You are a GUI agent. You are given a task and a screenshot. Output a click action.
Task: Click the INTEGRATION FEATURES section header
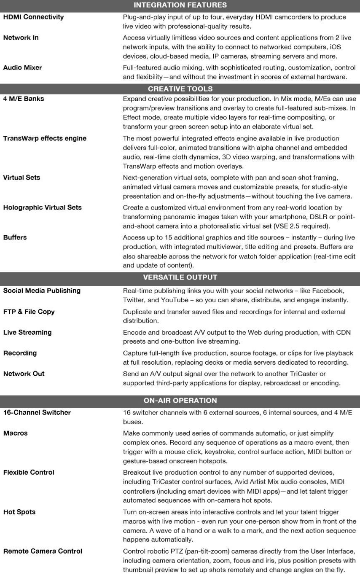pyautogui.click(x=180, y=5)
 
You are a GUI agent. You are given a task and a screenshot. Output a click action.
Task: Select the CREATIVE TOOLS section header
pyautogui.click(x=180, y=89)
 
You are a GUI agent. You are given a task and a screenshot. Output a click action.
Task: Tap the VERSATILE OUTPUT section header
pyautogui.click(x=180, y=277)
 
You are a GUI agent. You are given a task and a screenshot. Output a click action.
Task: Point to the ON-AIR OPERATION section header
pyautogui.click(x=180, y=401)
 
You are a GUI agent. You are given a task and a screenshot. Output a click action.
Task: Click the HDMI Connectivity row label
pyautogui.click(x=33, y=17)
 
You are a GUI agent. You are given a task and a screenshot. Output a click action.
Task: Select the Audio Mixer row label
pyautogui.click(x=22, y=67)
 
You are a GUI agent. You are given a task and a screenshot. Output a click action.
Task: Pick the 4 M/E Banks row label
pyautogui.click(x=24, y=99)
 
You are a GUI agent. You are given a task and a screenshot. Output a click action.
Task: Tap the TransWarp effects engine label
pyautogui.click(x=45, y=138)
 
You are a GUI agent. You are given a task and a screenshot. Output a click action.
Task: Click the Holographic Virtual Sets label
pyautogui.click(x=43, y=207)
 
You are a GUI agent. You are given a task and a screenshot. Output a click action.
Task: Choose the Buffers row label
pyautogui.click(x=15, y=237)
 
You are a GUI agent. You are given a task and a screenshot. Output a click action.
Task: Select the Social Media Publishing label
pyautogui.click(x=42, y=291)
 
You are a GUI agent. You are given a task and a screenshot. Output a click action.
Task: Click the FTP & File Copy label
pyautogui.click(x=29, y=312)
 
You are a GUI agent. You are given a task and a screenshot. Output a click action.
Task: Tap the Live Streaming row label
pyautogui.click(x=27, y=332)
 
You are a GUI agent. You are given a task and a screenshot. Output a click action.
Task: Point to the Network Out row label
pyautogui.click(x=24, y=374)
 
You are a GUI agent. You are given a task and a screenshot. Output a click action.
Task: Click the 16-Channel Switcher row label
pyautogui.click(x=37, y=412)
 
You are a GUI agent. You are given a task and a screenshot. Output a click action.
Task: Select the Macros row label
pyautogui.click(x=15, y=433)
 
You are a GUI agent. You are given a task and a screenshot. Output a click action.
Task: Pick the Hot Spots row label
pyautogui.click(x=19, y=512)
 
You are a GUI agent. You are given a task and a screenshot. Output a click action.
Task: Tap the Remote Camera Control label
pyautogui.click(x=43, y=551)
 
